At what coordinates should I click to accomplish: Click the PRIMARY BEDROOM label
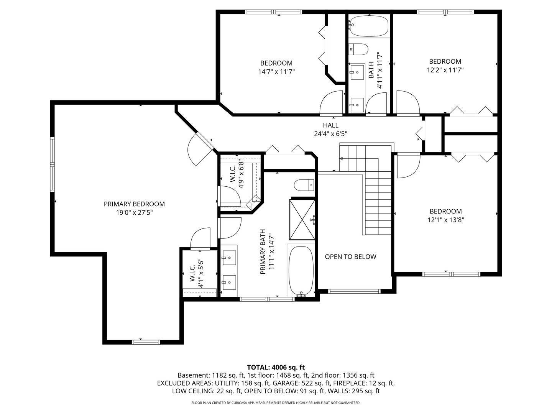coord(134,204)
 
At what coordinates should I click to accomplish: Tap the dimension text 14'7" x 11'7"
coord(276,72)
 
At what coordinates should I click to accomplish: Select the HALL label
coord(330,125)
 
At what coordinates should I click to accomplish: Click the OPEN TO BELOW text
coord(350,257)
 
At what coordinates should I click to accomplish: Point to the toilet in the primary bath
coord(304,186)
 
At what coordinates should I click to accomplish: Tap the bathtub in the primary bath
coord(301,271)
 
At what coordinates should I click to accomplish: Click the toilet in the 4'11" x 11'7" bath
coord(358,49)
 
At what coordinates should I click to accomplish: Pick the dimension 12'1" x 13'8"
coord(445,220)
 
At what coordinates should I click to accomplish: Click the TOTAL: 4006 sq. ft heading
coord(276,367)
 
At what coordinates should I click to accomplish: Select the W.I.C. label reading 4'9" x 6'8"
coord(237,174)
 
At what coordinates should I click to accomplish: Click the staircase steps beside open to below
coord(378,207)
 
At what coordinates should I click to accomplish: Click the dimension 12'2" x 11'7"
coord(445,70)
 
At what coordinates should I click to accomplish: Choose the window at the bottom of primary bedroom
coord(146,342)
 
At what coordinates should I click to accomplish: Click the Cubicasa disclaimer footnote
coord(276,403)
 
